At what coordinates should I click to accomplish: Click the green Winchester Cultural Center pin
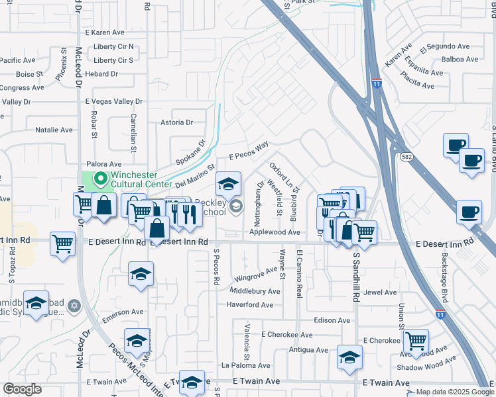100,178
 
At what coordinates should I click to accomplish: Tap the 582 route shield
406,156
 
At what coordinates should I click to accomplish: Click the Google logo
22,389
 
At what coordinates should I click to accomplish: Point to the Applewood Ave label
275,232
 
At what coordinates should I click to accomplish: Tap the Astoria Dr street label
179,122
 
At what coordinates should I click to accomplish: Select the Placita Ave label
418,85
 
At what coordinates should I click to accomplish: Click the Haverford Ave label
250,305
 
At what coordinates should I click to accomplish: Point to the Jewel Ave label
381,292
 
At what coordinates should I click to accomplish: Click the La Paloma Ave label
246,365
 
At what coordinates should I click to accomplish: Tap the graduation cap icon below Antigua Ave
349,357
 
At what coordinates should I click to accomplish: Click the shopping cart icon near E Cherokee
416,341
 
